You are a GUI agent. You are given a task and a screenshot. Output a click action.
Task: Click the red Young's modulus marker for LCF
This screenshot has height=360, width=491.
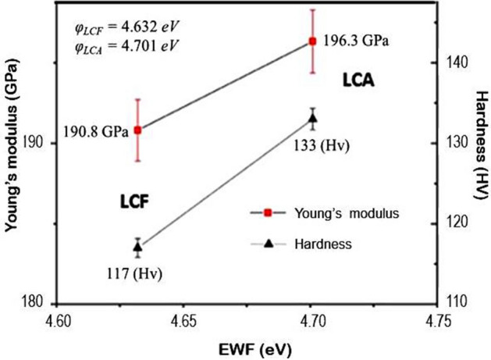138,130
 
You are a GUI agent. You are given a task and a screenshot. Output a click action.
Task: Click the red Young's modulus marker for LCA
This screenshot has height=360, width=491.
312,41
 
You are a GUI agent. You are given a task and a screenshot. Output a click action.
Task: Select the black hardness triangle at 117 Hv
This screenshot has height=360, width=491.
138,247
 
